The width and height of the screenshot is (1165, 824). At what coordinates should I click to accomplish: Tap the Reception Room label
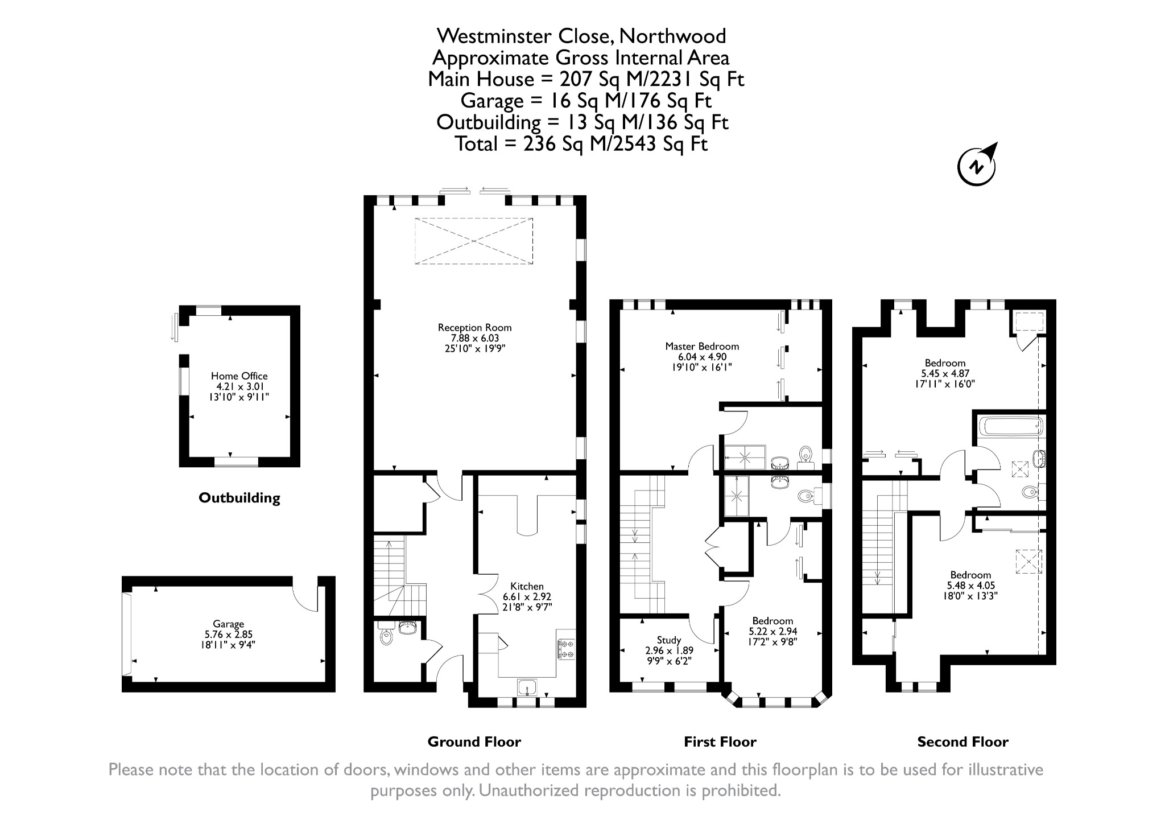pos(474,328)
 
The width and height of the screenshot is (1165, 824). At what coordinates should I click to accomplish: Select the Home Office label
pos(239,376)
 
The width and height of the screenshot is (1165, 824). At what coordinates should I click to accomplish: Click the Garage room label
pos(228,624)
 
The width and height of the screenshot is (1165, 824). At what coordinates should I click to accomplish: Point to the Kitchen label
pos(527,587)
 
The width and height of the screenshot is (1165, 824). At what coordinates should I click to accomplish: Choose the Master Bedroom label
pos(702,347)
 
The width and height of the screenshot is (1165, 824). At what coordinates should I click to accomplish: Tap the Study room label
pos(669,640)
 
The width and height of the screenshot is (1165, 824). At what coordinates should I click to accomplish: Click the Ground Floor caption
pos(474,742)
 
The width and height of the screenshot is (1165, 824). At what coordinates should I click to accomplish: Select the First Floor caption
pos(720,742)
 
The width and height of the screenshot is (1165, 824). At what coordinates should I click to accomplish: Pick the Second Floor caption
pos(962,742)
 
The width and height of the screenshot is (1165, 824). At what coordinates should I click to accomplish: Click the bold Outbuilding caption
pos(239,498)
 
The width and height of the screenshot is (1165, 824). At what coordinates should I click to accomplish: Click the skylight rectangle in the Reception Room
pos(474,241)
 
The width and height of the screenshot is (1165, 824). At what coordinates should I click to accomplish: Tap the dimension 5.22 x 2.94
pos(772,632)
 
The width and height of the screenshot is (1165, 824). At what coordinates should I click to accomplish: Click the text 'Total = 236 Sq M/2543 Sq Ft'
pos(581,144)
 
